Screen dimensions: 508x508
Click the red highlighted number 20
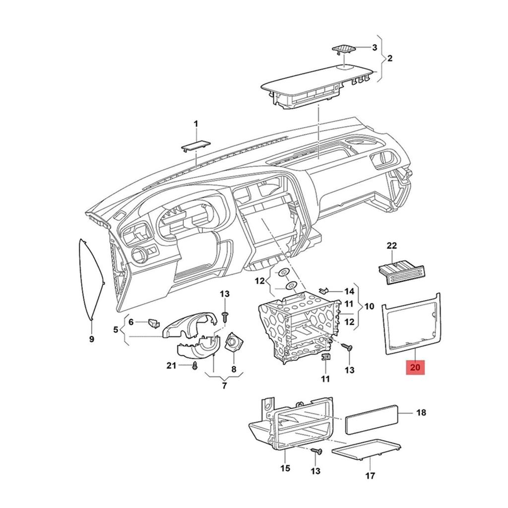[x=415, y=368]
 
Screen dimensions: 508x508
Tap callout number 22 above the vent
[x=392, y=246]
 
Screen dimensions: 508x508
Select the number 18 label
[x=421, y=412]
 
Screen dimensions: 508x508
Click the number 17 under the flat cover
[x=370, y=476]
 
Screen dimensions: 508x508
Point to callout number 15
[x=285, y=468]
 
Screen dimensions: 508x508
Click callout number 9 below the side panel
[x=91, y=339]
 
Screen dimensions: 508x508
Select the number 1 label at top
[x=195, y=124]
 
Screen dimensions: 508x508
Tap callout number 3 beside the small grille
[x=375, y=48]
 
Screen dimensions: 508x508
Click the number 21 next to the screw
[x=172, y=366]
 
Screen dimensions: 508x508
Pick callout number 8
[x=234, y=369]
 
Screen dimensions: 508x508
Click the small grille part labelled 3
[x=343, y=49]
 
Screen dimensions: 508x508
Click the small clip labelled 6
[x=153, y=323]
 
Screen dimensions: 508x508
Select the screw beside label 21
[x=195, y=366]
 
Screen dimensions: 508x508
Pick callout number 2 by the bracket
[x=389, y=59]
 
